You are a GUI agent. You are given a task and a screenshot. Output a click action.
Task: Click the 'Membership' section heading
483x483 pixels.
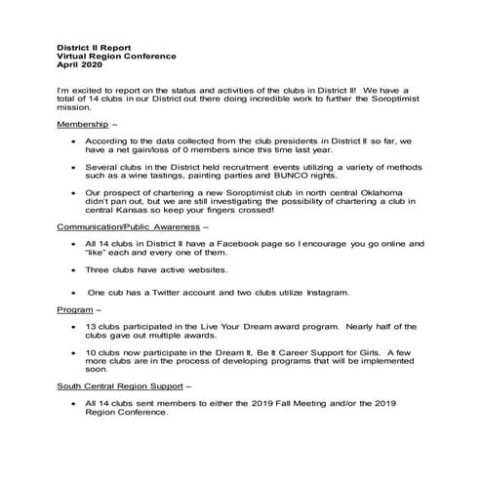pyautogui.click(x=83, y=128)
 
